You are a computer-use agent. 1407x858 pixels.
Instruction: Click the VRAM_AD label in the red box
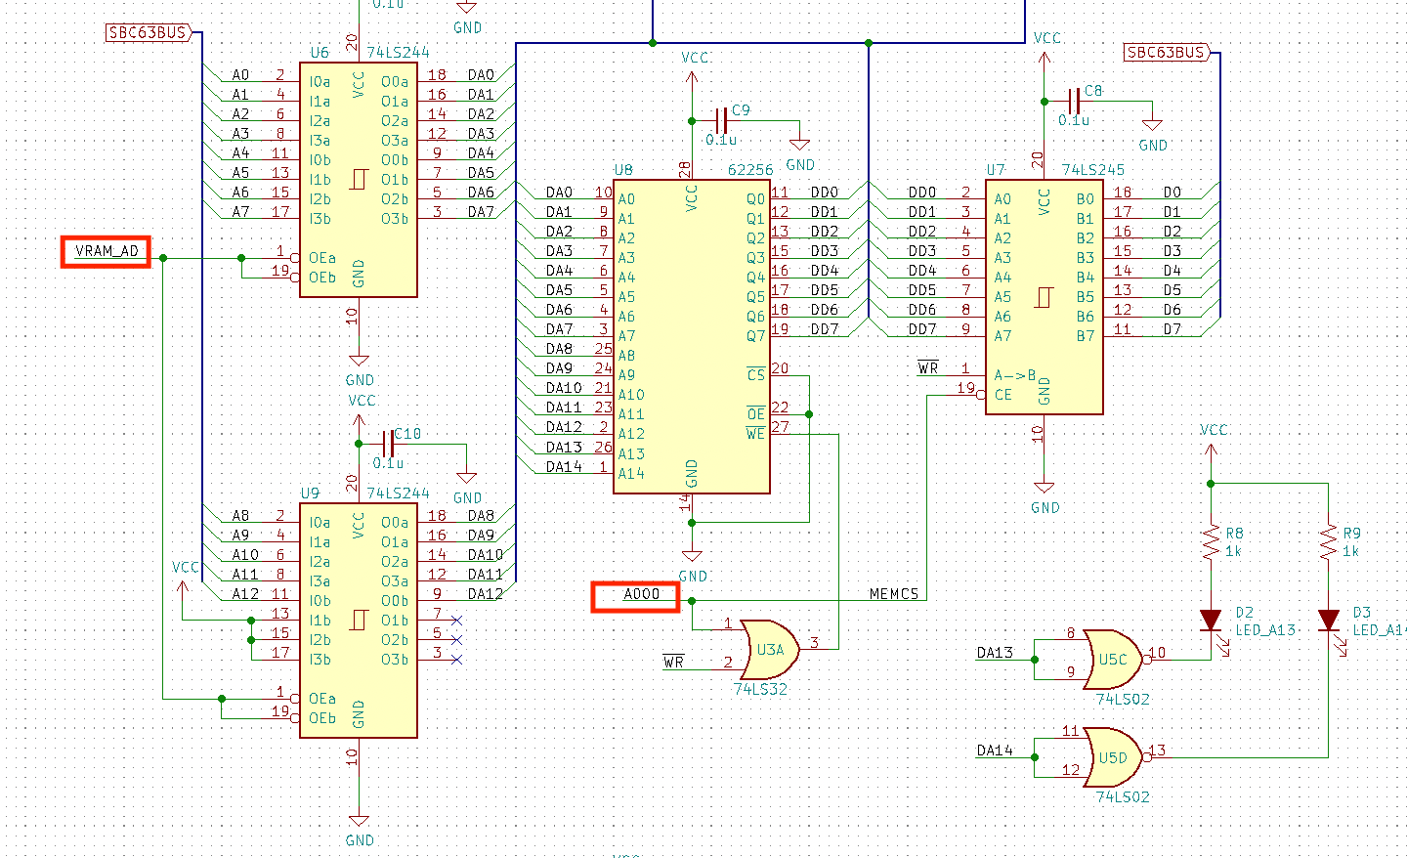click(107, 251)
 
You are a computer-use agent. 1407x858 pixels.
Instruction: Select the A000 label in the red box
click(636, 595)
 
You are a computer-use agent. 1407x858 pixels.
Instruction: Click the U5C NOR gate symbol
click(1112, 659)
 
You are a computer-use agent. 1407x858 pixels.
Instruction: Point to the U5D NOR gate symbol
click(1112, 757)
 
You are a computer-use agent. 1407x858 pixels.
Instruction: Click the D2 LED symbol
click(1211, 621)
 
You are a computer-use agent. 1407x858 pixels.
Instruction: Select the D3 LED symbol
click(1328, 621)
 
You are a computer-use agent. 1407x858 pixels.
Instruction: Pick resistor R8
click(1211, 542)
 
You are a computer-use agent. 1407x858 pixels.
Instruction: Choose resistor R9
click(1328, 542)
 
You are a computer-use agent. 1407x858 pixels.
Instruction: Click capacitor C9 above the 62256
click(721, 121)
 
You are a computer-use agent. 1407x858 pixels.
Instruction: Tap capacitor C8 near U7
click(1074, 101)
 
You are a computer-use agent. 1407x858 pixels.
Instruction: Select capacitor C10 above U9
click(388, 445)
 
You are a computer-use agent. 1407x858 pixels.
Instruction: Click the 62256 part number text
click(749, 170)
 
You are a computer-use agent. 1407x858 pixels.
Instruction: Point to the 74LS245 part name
click(1092, 170)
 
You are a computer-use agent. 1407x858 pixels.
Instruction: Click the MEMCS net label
click(893, 593)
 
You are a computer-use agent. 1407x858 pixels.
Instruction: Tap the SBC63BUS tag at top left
click(148, 32)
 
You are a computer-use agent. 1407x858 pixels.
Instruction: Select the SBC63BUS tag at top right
click(1167, 52)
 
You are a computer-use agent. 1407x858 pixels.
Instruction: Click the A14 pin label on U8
click(631, 473)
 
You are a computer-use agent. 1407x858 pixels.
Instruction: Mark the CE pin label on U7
click(1002, 395)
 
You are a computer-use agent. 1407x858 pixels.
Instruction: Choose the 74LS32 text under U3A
click(760, 689)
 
